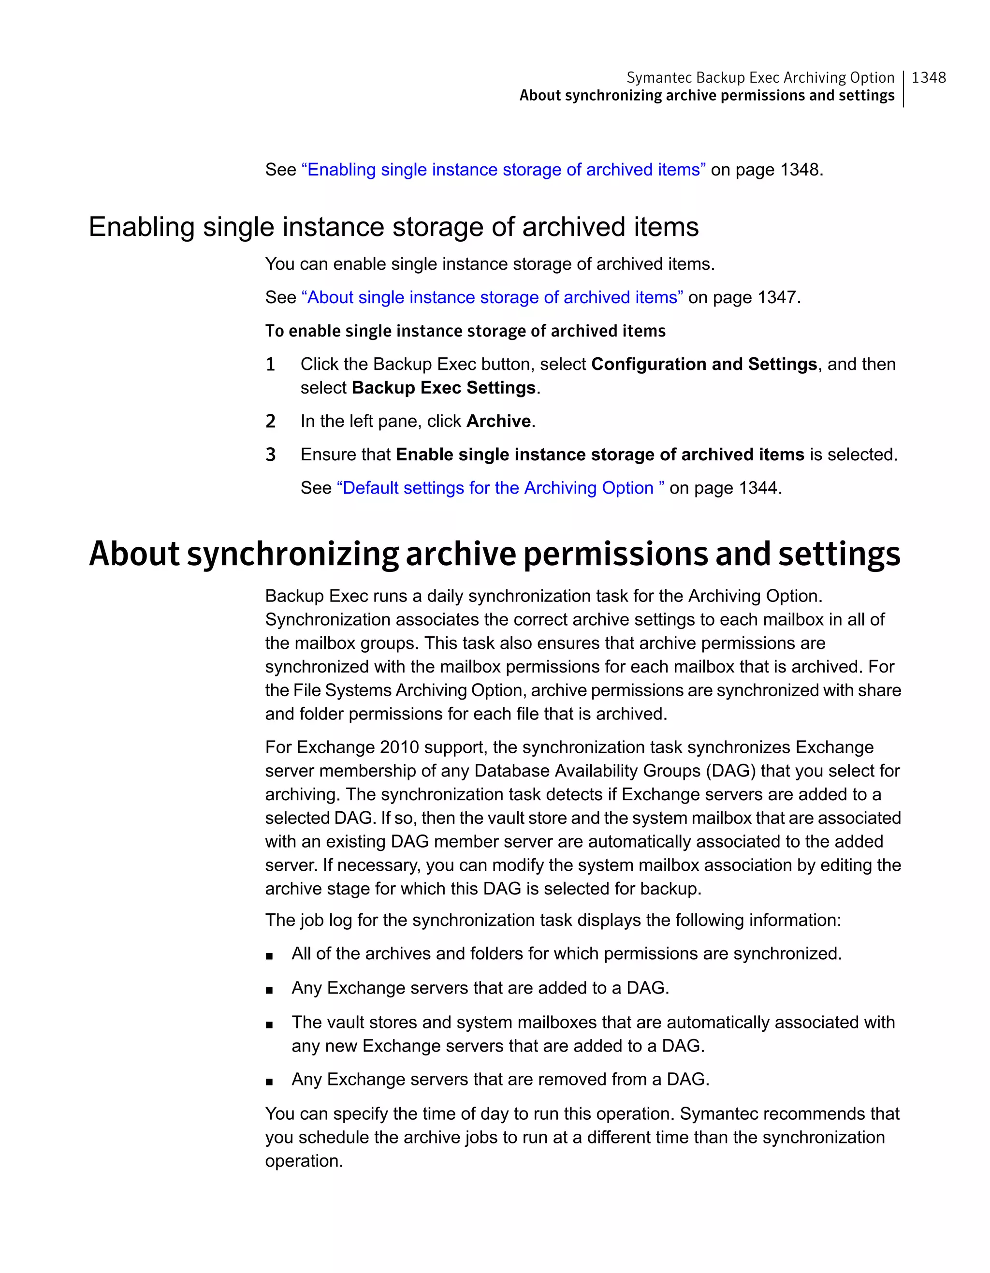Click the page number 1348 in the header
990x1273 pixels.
tap(928, 77)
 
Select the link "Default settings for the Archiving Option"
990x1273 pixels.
tap(500, 488)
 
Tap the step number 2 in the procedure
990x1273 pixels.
tap(270, 422)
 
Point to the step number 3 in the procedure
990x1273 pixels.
tap(270, 454)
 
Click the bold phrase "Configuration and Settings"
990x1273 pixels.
tap(704, 364)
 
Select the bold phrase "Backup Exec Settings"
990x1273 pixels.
tap(443, 388)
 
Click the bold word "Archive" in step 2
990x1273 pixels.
tap(499, 422)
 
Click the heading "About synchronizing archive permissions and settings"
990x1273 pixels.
tap(494, 554)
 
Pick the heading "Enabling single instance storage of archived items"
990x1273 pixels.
tap(393, 227)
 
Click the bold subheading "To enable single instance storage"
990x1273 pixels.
tap(465, 331)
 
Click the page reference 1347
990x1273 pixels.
tap(778, 297)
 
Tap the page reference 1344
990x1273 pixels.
tap(758, 488)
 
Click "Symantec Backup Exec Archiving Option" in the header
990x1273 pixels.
tap(760, 77)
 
